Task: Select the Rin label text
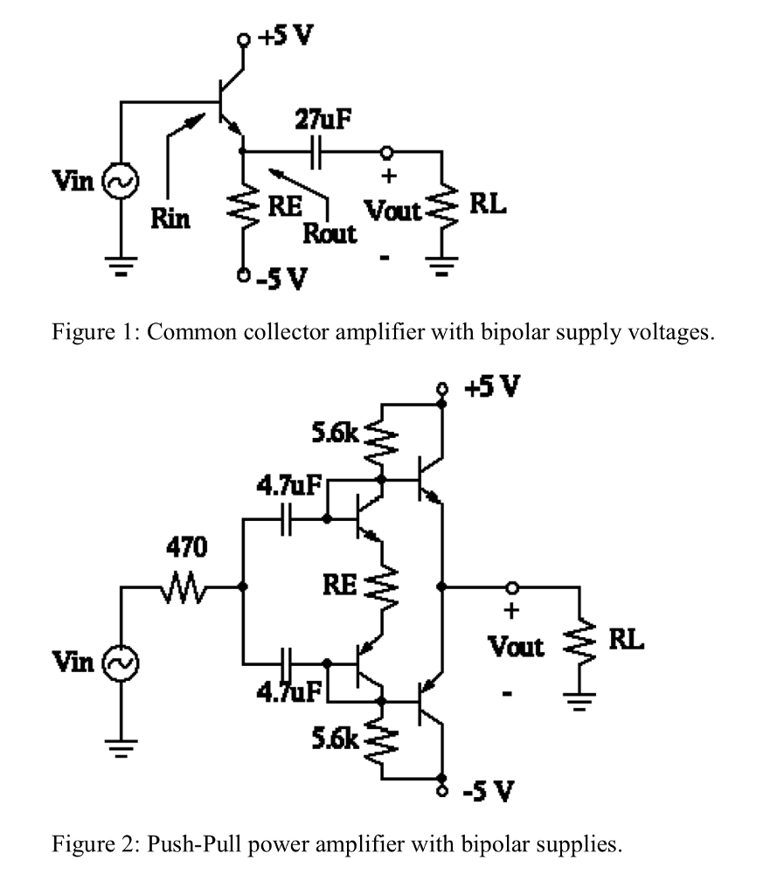(170, 219)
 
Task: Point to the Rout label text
(330, 234)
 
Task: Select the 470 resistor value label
(186, 548)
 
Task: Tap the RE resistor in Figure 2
(382, 586)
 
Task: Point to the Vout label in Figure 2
(515, 648)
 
